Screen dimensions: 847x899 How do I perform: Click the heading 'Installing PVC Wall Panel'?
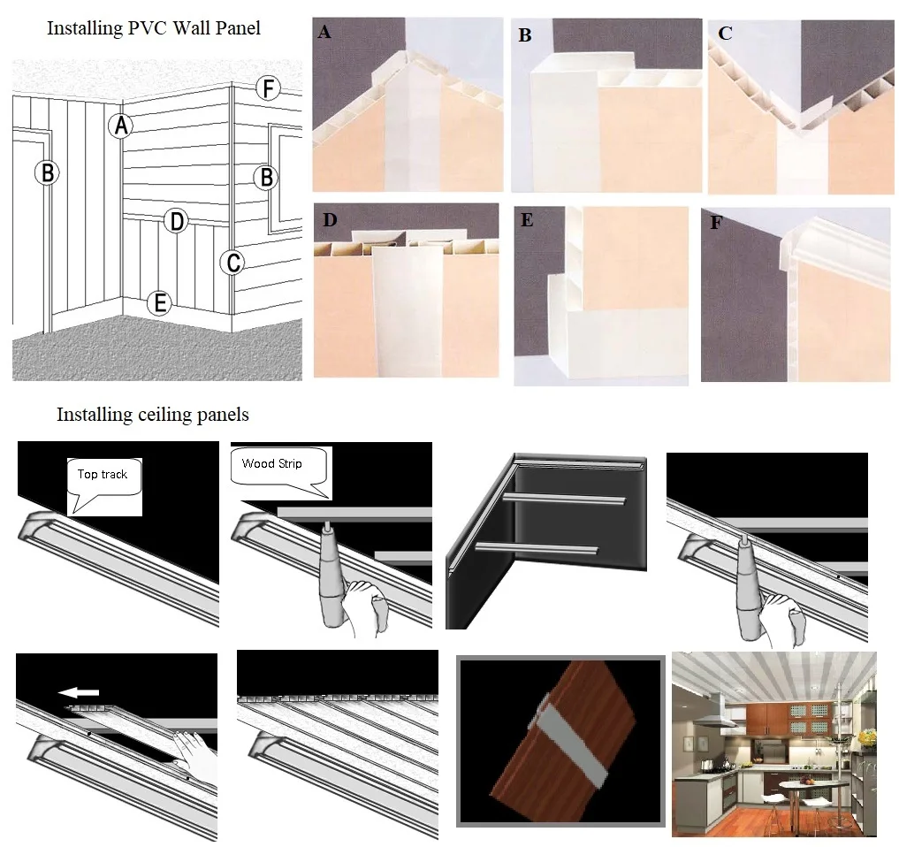click(x=154, y=28)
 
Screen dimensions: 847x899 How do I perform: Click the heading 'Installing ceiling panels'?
click(x=153, y=414)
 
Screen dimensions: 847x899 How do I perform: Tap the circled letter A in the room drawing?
click(x=121, y=126)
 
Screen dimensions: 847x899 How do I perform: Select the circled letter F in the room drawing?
click(x=267, y=88)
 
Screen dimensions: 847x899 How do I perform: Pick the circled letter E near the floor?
click(x=159, y=303)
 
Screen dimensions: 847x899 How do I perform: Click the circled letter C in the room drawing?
click(x=232, y=263)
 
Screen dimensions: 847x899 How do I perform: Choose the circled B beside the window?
click(x=265, y=177)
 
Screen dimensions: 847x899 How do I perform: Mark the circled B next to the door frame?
click(x=47, y=172)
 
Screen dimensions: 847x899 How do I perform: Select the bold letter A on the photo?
click(x=324, y=33)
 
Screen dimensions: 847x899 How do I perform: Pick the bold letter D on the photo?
click(x=329, y=219)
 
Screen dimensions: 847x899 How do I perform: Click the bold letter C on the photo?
click(x=725, y=34)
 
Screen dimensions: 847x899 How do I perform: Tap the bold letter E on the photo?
click(x=527, y=220)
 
